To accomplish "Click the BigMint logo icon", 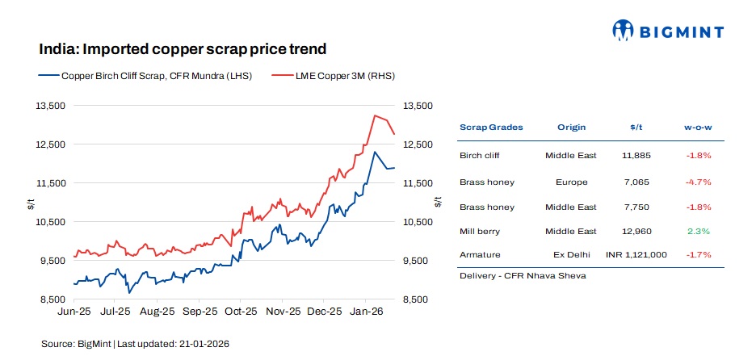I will point(624,31).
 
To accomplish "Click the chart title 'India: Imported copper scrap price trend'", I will point(183,49).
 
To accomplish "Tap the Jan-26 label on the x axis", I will point(369,311).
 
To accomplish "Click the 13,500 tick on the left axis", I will point(52,106).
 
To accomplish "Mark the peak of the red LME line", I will point(374,115).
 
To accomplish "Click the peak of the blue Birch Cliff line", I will point(374,152).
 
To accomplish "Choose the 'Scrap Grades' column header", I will point(491,128).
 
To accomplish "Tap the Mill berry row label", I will point(479,231).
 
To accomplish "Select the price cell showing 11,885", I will point(635,154).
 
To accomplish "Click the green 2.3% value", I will point(698,231).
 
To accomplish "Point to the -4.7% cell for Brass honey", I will point(698,182).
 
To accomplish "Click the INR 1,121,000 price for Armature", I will point(636,254).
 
